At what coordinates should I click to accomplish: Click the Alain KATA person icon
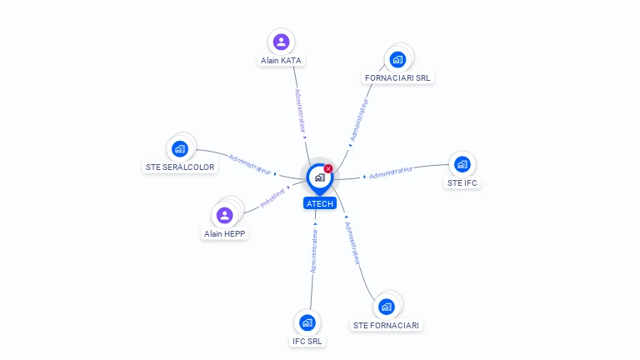[x=281, y=42]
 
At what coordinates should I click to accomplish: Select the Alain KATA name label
[x=281, y=60]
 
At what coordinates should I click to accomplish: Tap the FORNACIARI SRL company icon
[x=397, y=60]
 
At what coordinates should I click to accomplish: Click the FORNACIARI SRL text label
[x=397, y=78]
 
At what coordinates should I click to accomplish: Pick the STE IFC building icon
[x=462, y=164]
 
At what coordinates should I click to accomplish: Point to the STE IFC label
[x=462, y=182]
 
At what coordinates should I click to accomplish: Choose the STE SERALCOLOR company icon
[x=180, y=149]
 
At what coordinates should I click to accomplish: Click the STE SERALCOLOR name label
[x=180, y=167]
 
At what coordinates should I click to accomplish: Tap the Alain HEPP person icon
[x=224, y=216]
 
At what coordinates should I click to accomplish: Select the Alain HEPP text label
[x=224, y=234]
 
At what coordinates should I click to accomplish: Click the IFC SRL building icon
[x=307, y=322]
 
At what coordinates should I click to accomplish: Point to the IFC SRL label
[x=307, y=341]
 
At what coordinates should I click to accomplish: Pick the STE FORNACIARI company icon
[x=386, y=307]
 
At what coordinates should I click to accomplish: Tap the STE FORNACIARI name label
[x=386, y=325]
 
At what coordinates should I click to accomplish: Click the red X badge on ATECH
[x=328, y=168]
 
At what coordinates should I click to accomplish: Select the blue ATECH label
[x=320, y=203]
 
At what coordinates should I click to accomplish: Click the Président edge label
[x=272, y=198]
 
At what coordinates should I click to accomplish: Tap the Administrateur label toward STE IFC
[x=391, y=172]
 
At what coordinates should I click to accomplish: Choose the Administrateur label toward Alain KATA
[x=300, y=111]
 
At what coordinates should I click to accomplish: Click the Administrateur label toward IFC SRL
[x=314, y=251]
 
